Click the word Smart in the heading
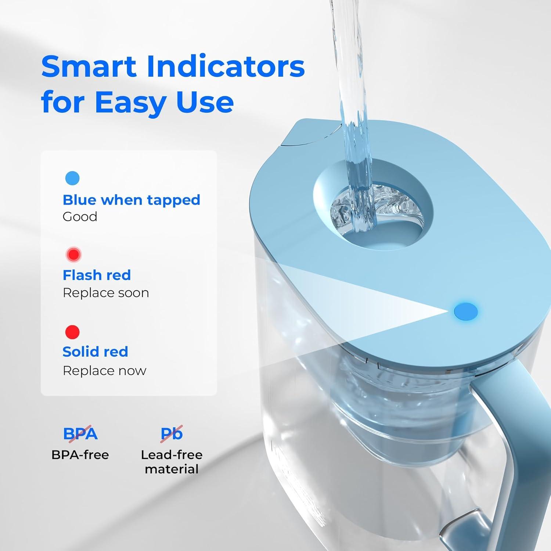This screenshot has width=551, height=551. point(89,67)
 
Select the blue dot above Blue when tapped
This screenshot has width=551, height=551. point(72,178)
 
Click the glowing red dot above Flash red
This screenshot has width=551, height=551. point(73,254)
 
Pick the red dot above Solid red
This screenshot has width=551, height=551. point(72,332)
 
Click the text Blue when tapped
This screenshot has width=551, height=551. point(131,200)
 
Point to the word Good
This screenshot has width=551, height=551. point(80,217)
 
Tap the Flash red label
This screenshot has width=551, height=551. point(97,275)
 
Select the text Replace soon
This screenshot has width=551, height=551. point(106,293)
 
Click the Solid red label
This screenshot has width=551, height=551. point(95,352)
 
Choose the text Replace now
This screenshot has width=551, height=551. point(104,371)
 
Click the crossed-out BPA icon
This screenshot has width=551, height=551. point(80,434)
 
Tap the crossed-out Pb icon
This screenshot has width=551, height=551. point(172,434)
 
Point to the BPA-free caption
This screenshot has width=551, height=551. point(80,455)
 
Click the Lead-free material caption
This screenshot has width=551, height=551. point(172,462)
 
